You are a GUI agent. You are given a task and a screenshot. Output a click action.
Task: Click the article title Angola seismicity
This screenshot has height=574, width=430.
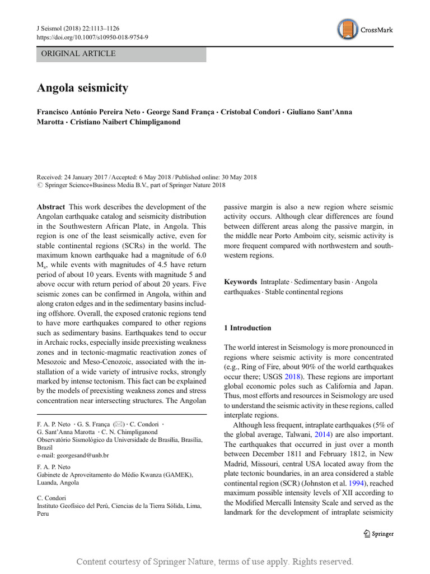82,88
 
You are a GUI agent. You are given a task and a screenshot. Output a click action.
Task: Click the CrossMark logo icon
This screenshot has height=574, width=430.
348,29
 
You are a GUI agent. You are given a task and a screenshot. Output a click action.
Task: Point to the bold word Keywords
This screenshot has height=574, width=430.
240,282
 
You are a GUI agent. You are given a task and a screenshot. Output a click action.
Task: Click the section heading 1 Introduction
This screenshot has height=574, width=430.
247,328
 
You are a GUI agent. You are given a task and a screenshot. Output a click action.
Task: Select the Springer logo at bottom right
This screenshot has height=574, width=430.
378,534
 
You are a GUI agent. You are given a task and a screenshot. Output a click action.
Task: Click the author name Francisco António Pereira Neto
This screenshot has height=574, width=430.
88,112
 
